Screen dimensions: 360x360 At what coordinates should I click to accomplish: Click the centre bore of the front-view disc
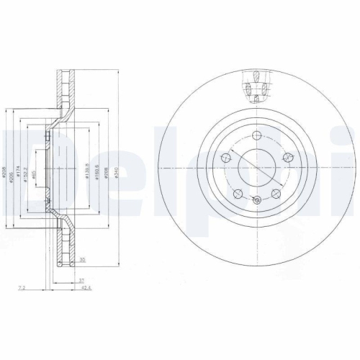pos(258,167)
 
